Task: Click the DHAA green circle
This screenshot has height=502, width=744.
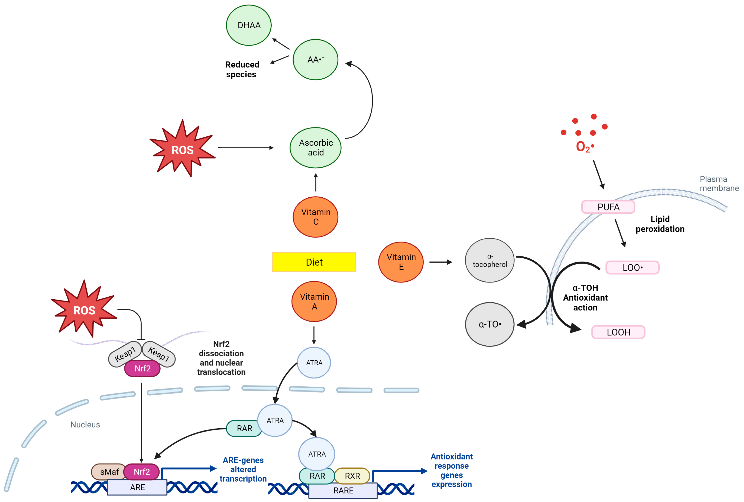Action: (249, 25)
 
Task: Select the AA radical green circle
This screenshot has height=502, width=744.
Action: (315, 59)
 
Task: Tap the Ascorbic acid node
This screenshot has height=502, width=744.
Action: (315, 148)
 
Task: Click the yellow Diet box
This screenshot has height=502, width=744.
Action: (314, 262)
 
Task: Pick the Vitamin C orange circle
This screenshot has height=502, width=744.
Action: (315, 217)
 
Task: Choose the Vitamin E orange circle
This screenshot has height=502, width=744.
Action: (401, 262)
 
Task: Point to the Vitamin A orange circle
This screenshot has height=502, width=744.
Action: (314, 301)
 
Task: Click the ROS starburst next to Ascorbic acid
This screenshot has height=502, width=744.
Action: (182, 149)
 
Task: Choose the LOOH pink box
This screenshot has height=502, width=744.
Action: (618, 332)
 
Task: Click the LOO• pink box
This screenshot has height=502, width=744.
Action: (632, 267)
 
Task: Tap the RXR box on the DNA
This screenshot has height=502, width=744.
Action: (352, 476)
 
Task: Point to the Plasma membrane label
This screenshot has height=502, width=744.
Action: (719, 183)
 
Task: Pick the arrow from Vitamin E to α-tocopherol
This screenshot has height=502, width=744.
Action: (440, 262)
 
